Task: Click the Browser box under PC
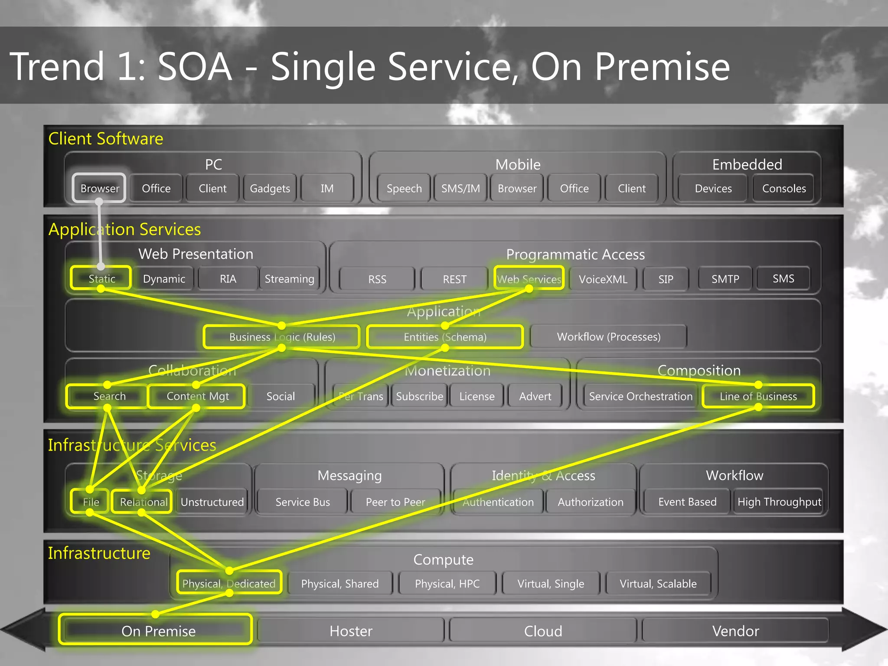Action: pos(99,188)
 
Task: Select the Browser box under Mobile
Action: pos(517,188)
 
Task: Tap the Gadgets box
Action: pos(270,188)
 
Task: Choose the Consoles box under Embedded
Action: pos(784,188)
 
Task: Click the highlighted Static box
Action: pos(101,278)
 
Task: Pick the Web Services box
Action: pos(529,279)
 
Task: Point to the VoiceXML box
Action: pos(603,279)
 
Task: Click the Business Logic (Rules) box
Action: pos(282,337)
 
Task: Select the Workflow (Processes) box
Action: pos(608,337)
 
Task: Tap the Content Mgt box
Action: pos(197,396)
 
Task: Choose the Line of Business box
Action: pos(758,396)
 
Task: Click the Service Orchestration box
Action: pos(640,396)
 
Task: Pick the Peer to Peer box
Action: pos(395,502)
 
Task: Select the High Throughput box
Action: pos(779,502)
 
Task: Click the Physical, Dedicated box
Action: pos(229,584)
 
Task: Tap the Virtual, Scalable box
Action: pos(658,584)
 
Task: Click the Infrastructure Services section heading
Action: pos(132,445)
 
